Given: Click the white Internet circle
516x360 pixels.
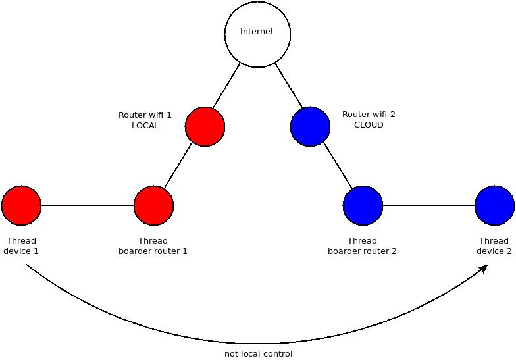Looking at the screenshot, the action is click(258, 34).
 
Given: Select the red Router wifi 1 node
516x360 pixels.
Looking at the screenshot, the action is click(205, 126).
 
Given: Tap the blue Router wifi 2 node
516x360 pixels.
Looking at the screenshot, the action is click(311, 126).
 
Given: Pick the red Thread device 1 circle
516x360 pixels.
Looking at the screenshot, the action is click(21, 205).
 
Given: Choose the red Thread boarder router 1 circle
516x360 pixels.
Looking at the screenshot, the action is click(154, 205).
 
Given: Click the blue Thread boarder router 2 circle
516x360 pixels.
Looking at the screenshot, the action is click(363, 205).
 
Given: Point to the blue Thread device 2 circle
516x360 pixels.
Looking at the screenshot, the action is click(495, 205).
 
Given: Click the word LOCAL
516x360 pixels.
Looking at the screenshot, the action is click(145, 125).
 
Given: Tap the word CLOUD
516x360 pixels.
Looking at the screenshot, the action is click(369, 125).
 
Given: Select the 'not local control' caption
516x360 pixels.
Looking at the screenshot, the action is click(258, 354).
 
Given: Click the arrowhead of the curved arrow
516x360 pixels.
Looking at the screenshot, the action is click(484, 269).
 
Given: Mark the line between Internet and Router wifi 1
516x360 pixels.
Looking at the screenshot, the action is click(226, 86).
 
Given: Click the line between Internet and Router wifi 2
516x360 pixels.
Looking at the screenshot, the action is click(288, 86).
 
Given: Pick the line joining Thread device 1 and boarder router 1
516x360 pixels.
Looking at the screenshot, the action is click(88, 205).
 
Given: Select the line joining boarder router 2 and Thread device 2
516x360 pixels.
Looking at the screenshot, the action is click(429, 205).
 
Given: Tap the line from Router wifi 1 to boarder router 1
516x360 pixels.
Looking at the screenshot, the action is click(178, 166).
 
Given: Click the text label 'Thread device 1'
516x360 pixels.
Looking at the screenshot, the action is click(21, 246).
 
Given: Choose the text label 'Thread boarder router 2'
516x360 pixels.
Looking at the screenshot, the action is click(362, 246).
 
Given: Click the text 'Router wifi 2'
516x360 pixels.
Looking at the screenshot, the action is click(369, 115).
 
